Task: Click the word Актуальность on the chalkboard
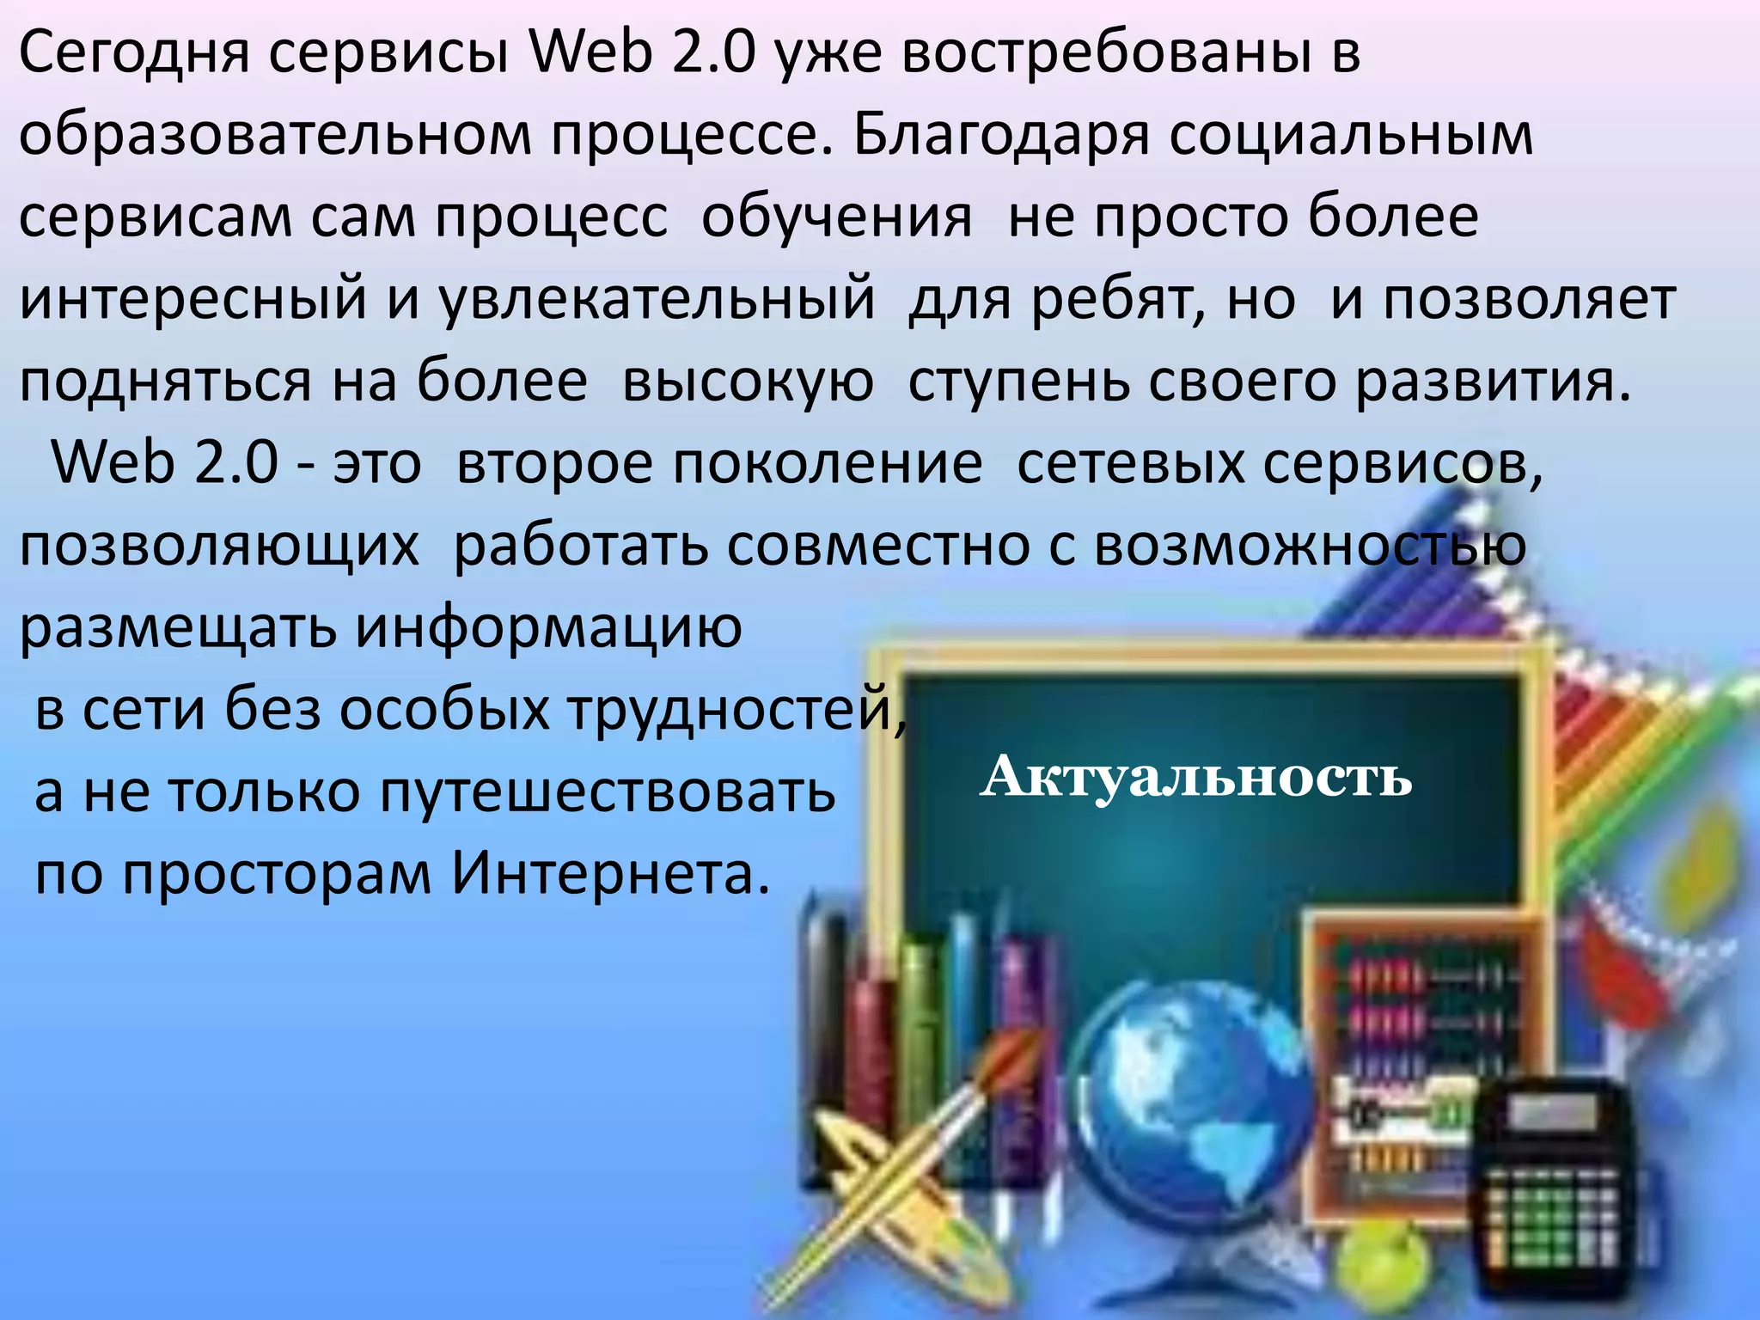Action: click(1195, 777)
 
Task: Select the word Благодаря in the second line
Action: click(1001, 137)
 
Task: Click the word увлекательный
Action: click(657, 300)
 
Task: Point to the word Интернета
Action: click(610, 874)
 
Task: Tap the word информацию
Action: click(549, 628)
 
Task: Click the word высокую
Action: click(748, 382)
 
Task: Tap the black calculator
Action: click(1555, 1195)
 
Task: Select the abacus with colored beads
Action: click(1427, 1066)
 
